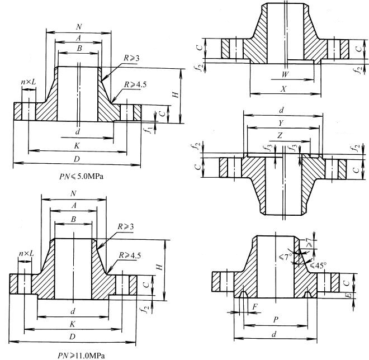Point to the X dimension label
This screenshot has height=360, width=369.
[286, 89]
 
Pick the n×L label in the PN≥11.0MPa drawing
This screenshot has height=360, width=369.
[26, 254]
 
